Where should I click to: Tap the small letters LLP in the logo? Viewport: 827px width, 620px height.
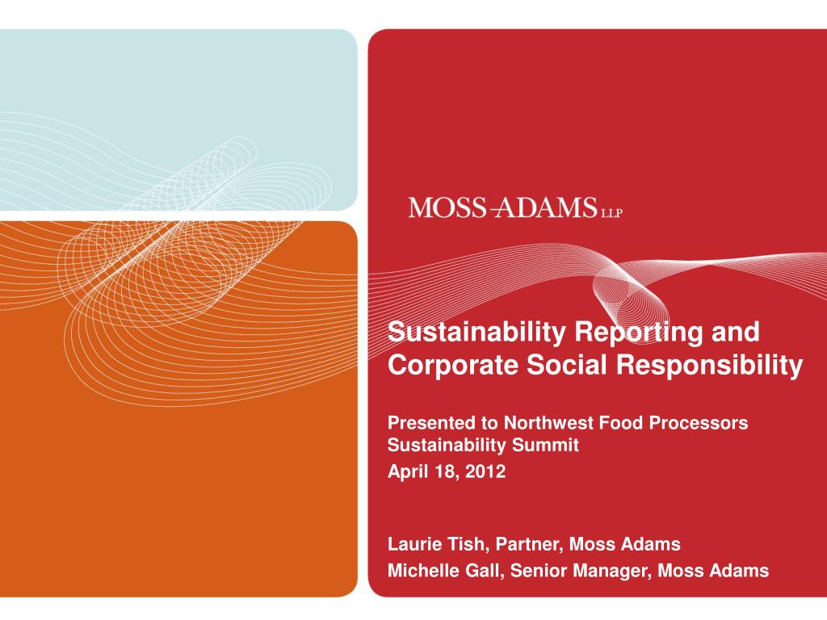click(611, 212)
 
